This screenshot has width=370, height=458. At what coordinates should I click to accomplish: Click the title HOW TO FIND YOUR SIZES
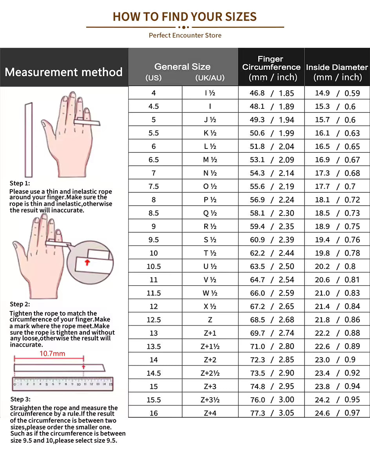[185, 17]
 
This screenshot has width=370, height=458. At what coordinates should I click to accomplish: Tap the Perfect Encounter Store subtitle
[185, 35]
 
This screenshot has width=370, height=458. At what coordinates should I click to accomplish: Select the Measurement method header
[64, 72]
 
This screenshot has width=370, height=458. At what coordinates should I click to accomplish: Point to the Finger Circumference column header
[271, 68]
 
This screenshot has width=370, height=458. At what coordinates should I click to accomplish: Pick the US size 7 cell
[154, 173]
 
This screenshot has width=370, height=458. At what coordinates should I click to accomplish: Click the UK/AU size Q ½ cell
[210, 213]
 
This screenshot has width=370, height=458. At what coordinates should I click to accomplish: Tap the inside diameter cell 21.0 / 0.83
[337, 293]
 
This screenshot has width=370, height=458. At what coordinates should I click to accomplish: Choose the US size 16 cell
[154, 413]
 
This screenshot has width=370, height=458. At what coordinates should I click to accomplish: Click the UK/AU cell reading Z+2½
[210, 373]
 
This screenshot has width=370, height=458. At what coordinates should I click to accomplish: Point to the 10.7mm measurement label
[52, 353]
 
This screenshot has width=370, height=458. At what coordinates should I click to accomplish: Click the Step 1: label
[20, 183]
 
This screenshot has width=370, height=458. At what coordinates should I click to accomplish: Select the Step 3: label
[20, 399]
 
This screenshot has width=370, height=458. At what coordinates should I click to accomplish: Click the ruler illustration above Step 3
[62, 384]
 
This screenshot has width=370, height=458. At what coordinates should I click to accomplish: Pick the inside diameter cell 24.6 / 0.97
[337, 413]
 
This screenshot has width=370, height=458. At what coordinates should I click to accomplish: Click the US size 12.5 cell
[154, 320]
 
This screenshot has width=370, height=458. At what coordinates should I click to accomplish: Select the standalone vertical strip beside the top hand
[29, 140]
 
